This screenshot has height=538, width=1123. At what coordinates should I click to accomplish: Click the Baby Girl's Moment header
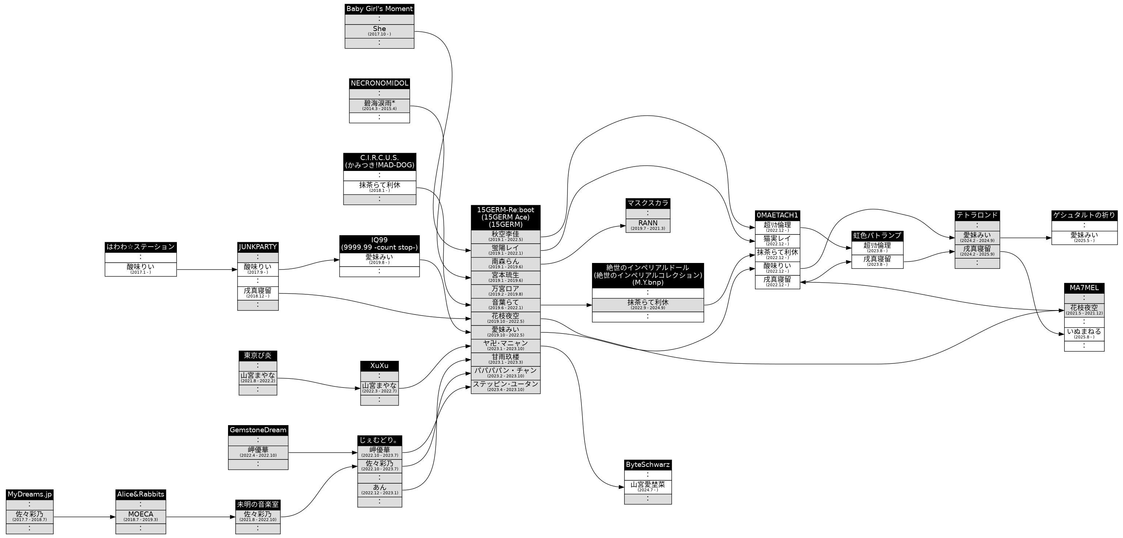click(x=379, y=9)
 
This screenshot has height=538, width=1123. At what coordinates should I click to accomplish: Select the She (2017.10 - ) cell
click(x=379, y=31)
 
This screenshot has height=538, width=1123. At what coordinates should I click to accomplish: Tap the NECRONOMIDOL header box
click(x=379, y=83)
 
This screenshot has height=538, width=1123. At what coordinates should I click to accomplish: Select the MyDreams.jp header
click(x=30, y=495)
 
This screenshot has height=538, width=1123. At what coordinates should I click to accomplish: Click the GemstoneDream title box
click(x=258, y=430)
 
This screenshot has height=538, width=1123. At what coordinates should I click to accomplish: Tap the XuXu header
click(x=379, y=366)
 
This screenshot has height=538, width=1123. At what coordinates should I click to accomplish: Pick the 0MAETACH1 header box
click(x=777, y=215)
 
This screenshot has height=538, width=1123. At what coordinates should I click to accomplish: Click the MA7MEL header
click(x=1084, y=288)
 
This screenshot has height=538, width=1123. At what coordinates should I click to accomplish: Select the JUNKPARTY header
click(x=258, y=247)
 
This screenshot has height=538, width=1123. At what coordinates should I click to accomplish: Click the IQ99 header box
click(x=379, y=244)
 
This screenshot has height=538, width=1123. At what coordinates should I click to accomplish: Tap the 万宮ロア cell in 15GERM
click(x=505, y=291)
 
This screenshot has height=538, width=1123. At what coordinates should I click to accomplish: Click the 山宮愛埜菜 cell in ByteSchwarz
click(x=648, y=487)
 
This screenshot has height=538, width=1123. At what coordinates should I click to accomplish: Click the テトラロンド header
click(x=977, y=215)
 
